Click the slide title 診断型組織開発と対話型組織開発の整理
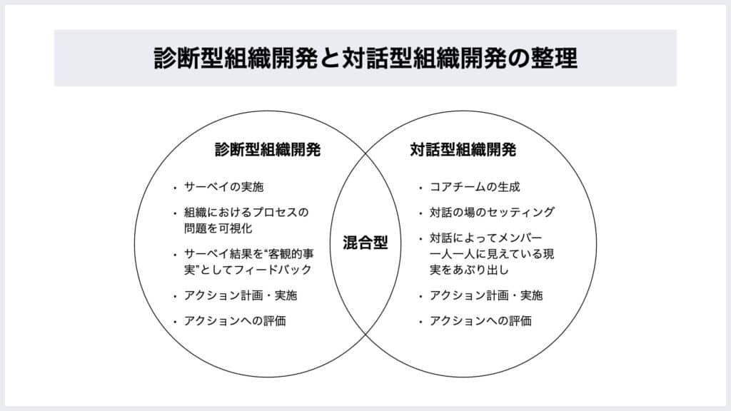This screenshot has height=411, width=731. tap(365, 58)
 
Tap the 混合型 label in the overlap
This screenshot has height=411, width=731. tap(365, 243)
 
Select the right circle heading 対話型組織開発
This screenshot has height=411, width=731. tap(463, 151)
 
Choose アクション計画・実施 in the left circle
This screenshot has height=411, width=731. tap(241, 295)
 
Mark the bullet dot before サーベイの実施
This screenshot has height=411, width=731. tap(175, 189)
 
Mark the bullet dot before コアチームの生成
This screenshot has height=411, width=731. tap(420, 189)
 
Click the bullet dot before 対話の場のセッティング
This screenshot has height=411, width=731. tap(420, 213)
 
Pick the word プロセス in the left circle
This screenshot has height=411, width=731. tap(277, 213)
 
